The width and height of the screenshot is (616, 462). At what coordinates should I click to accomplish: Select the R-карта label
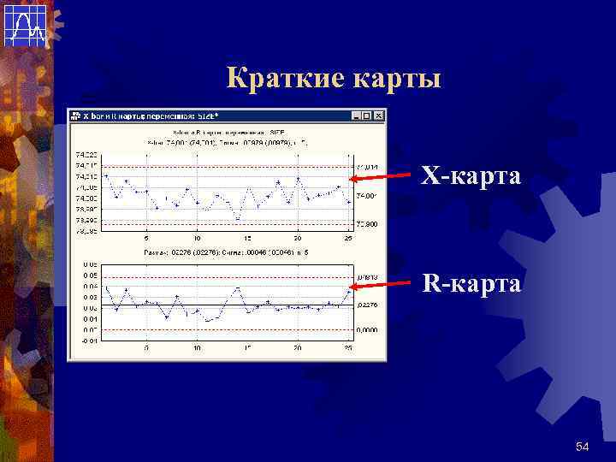point(470,283)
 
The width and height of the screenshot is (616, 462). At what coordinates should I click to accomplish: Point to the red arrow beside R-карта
point(381,285)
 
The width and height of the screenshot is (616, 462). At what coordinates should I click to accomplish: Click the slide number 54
point(583,447)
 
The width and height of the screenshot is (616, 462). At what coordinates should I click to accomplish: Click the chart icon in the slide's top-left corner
point(25,25)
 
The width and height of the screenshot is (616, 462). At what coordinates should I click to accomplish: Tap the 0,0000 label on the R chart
point(368,329)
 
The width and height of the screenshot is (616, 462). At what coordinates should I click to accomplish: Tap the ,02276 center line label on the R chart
point(368,305)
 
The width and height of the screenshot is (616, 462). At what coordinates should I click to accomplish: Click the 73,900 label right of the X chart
point(368,224)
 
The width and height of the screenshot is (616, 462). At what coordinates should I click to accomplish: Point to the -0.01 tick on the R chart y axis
point(89,340)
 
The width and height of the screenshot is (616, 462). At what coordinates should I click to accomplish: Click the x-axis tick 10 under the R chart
point(198,347)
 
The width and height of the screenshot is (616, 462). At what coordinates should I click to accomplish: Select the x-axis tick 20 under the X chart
point(298,238)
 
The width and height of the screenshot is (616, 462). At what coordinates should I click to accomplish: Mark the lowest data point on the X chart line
point(237,219)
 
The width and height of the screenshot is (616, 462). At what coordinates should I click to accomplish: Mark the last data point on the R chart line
point(348,290)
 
